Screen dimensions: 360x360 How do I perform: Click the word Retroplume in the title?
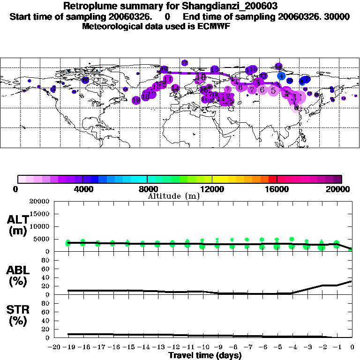(x=89, y=7)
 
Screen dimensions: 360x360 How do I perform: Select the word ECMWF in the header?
(x=214, y=26)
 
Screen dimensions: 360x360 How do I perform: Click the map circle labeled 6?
(x=262, y=90)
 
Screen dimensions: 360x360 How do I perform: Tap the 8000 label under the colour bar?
(x=147, y=189)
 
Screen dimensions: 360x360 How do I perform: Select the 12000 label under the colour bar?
(x=212, y=189)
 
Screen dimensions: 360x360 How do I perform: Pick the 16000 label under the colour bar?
(x=277, y=189)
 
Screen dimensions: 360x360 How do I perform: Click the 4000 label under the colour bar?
(x=82, y=189)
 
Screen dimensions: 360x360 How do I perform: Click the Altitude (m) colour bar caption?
(x=173, y=196)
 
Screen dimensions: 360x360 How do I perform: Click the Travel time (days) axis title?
(x=205, y=356)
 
